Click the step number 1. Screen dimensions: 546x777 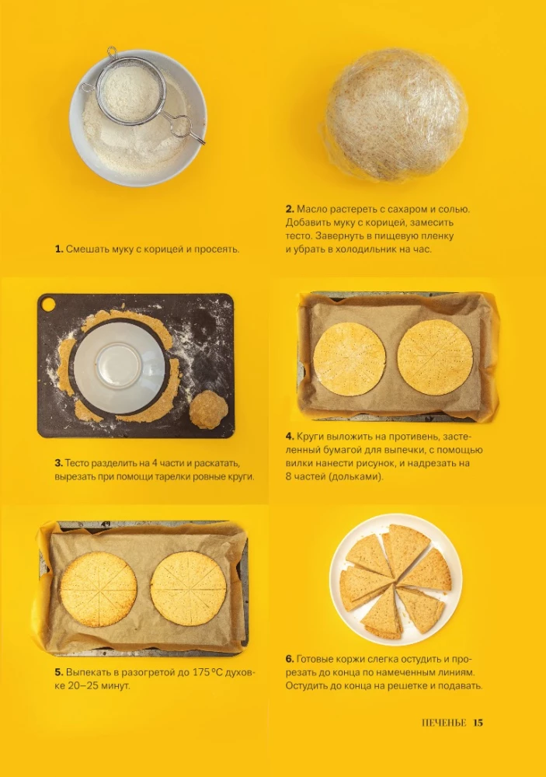point(59,249)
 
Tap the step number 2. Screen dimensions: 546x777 point(290,209)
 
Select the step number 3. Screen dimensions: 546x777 point(59,463)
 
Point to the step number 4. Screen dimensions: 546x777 point(290,437)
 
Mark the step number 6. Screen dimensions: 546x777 point(290,659)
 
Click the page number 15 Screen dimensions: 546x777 point(478,723)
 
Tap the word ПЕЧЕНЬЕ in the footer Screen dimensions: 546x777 point(444,723)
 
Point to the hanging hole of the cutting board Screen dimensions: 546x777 point(49,305)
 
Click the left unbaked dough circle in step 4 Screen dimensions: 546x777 point(350,359)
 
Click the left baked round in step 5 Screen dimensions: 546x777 point(99,589)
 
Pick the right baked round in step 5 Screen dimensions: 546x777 point(189,587)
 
